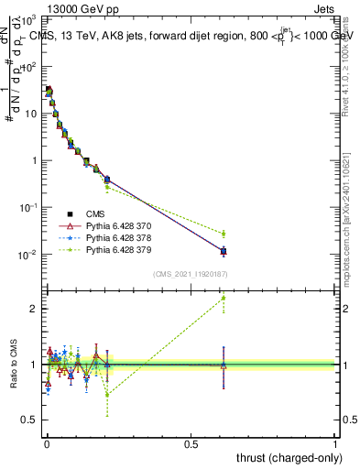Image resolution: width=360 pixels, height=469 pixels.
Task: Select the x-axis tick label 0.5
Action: pos(191,444)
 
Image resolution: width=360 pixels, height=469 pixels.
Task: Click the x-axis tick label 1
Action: pos(335,444)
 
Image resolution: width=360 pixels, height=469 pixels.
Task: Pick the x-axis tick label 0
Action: pos(47,444)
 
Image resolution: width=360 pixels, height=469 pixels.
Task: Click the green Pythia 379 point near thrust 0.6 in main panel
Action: pos(224,234)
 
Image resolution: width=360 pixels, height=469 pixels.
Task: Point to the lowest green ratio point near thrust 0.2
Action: pos(107,394)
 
